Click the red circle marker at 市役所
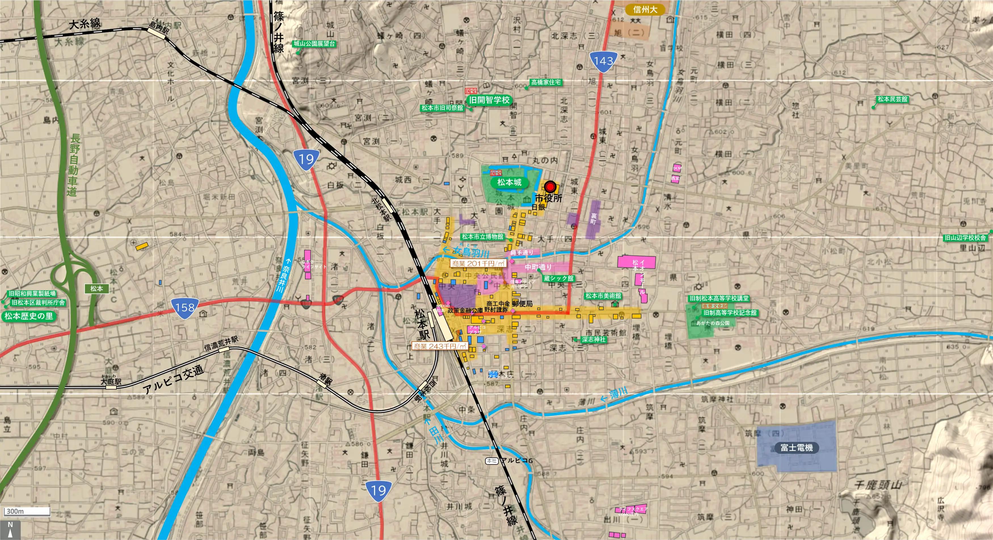pyautogui.click(x=550, y=187)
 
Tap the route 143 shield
pyautogui.click(x=603, y=62)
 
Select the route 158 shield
pyautogui.click(x=185, y=308)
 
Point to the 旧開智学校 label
pyautogui.click(x=489, y=100)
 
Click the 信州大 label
pyautogui.click(x=645, y=10)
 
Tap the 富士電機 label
pyautogui.click(x=796, y=447)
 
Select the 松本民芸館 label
pyautogui.click(x=892, y=99)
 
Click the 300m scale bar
pyautogui.click(x=27, y=511)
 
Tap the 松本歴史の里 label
pyautogui.click(x=29, y=316)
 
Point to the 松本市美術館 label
pyautogui.click(x=603, y=296)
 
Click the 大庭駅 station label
pyautogui.click(x=111, y=382)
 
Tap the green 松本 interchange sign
pyautogui.click(x=96, y=289)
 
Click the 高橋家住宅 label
pyautogui.click(x=546, y=82)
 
